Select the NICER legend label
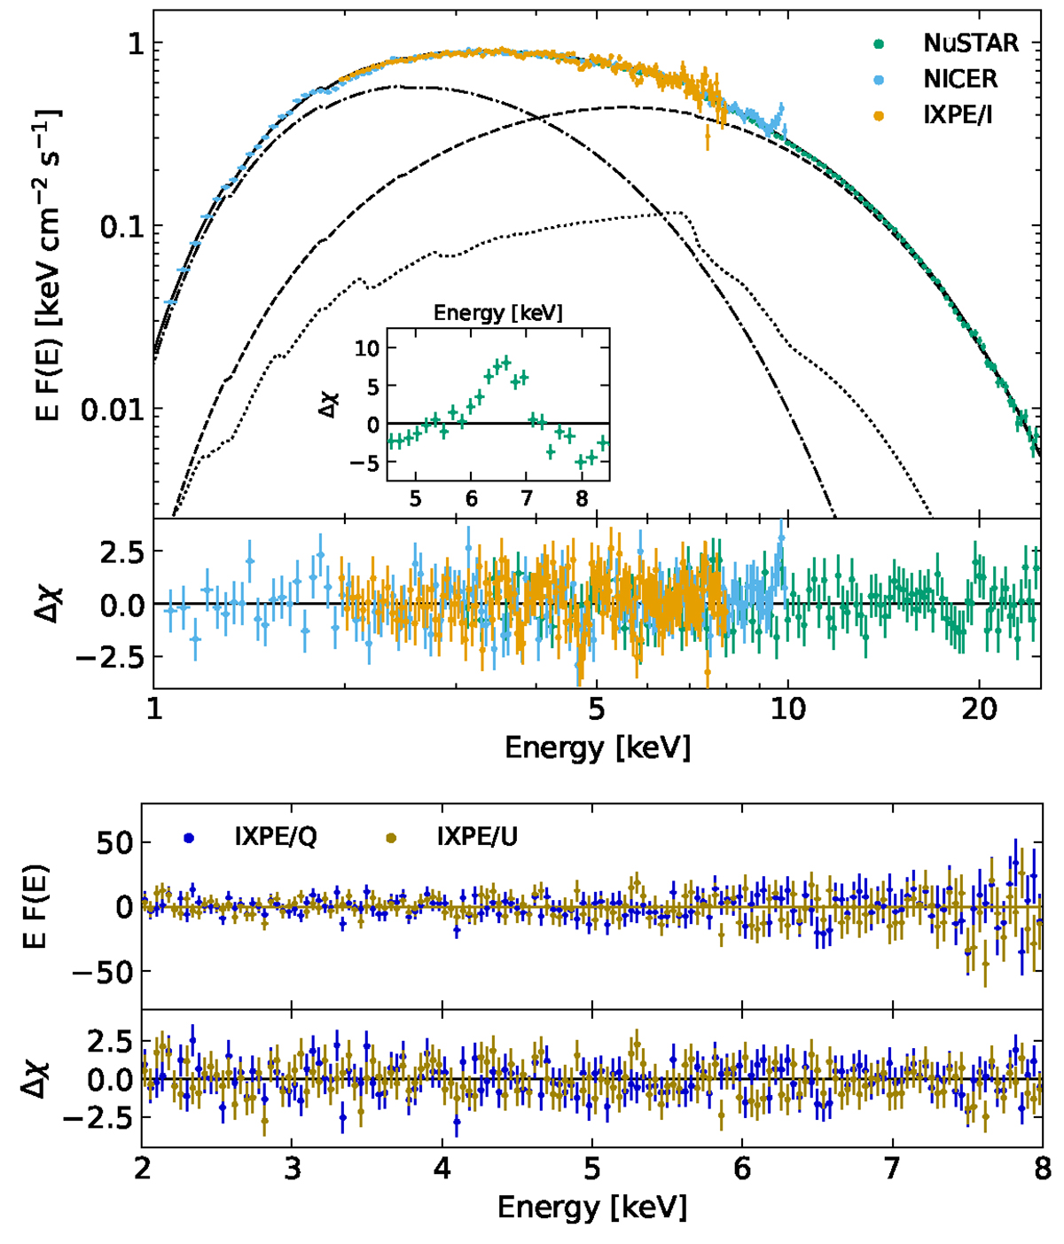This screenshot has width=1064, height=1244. point(960,79)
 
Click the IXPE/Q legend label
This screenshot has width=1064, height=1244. point(275,837)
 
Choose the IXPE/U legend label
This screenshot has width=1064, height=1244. point(477,837)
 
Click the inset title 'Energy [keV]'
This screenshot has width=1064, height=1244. point(497,313)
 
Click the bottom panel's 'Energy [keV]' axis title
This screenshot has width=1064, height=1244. point(591,1207)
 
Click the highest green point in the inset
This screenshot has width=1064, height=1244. point(506,361)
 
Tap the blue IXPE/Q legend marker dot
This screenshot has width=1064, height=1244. point(187,837)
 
